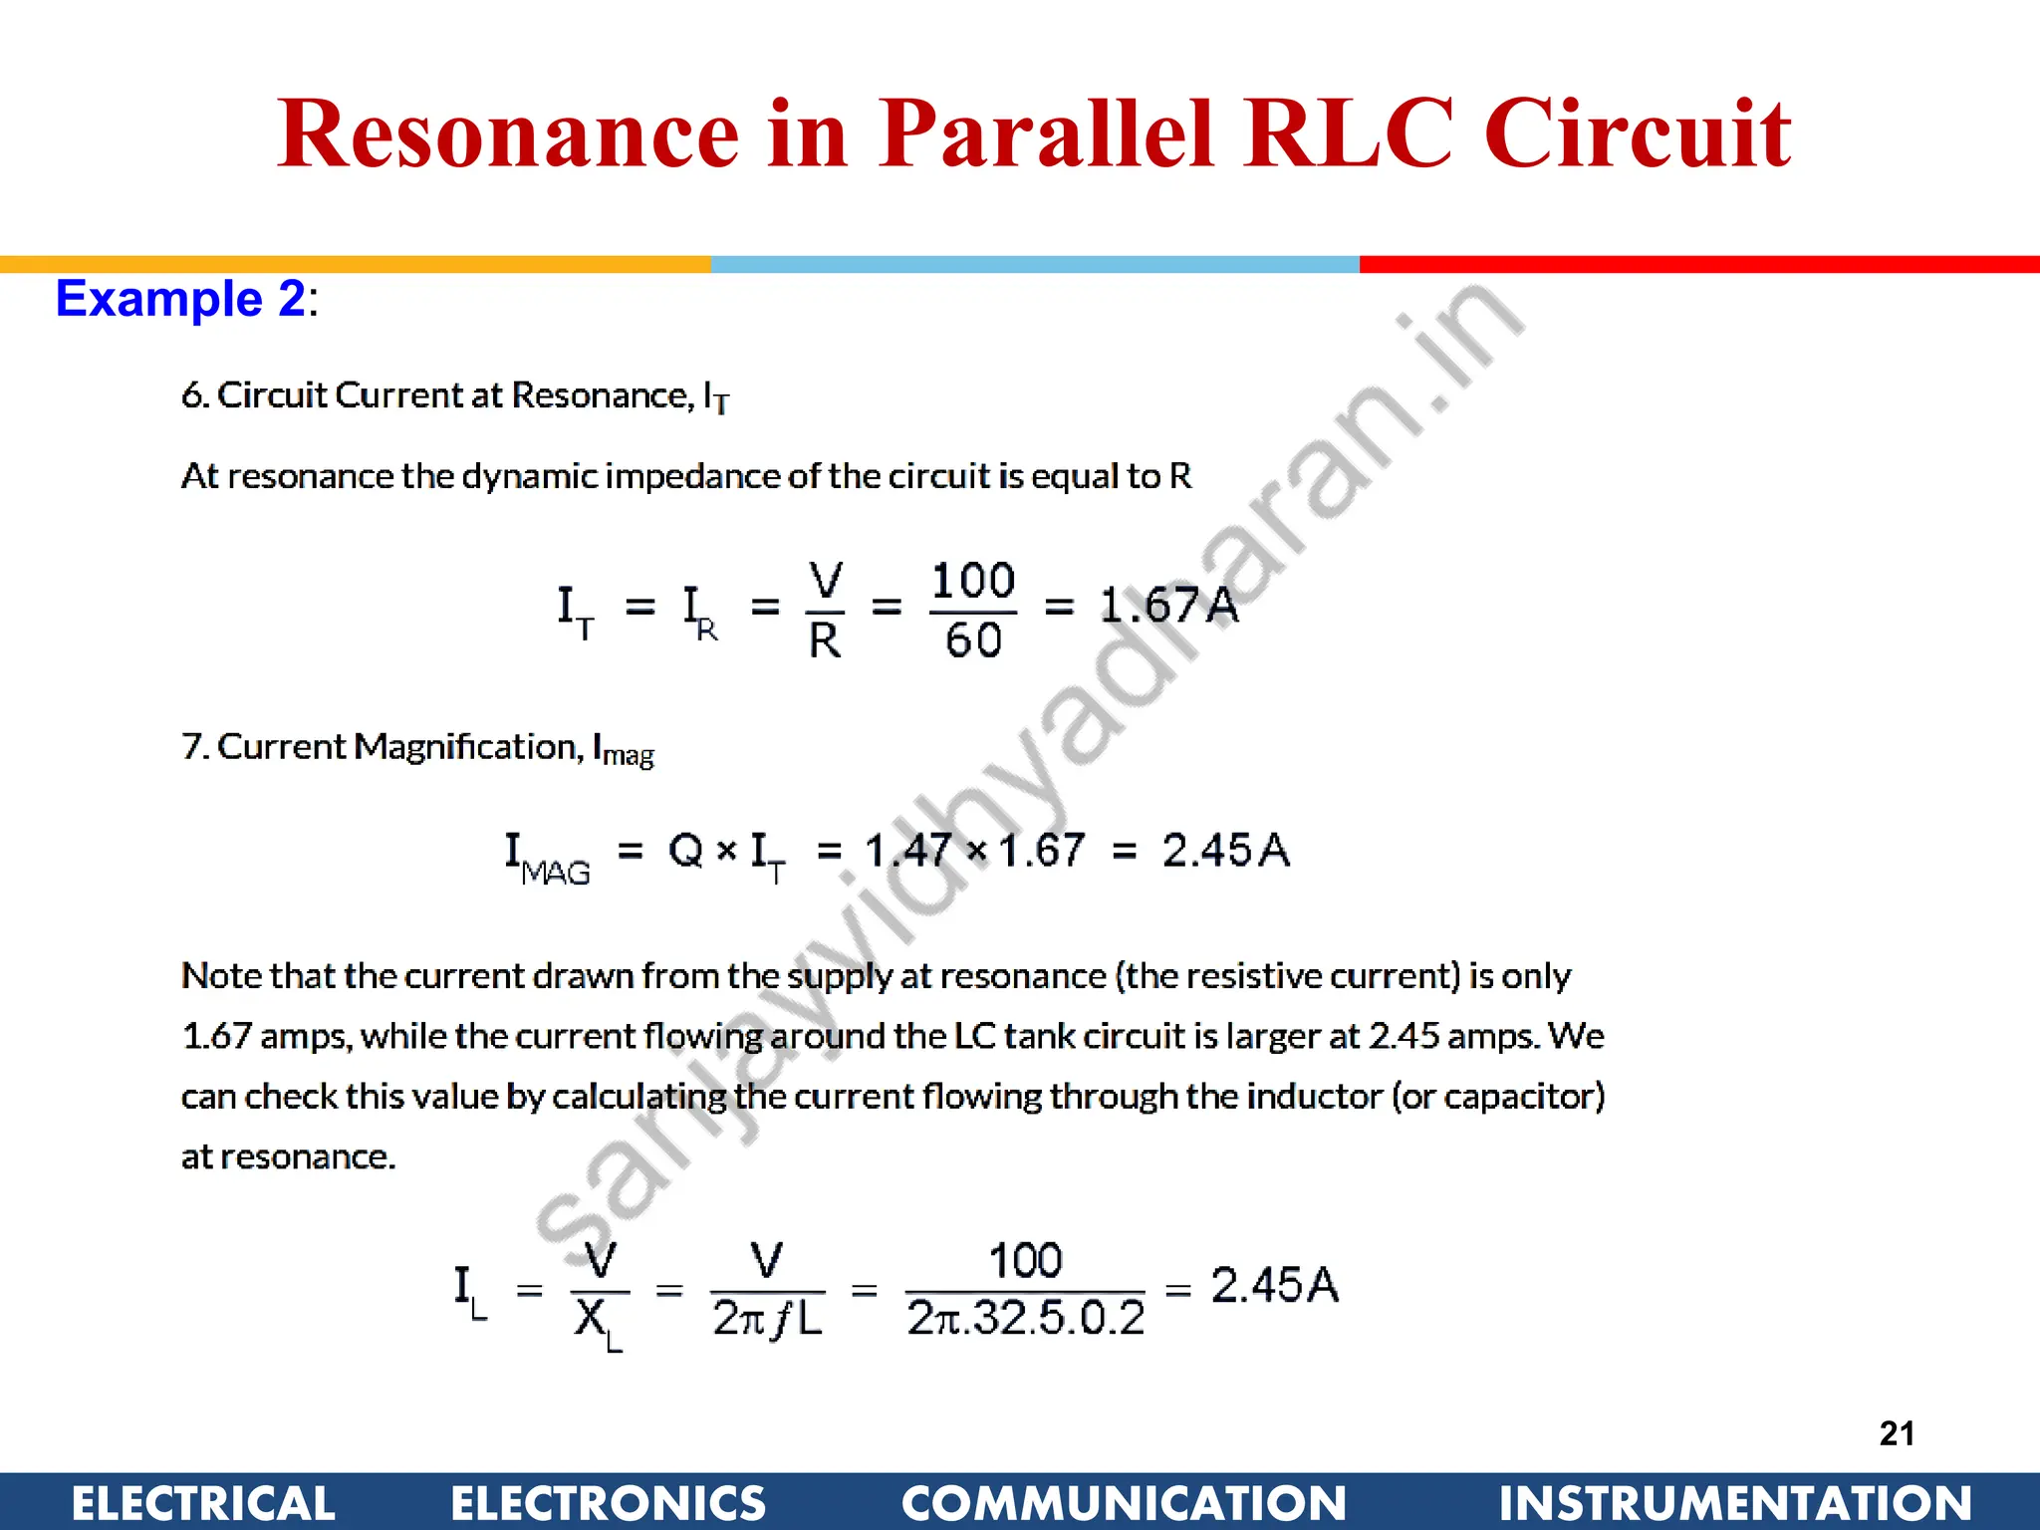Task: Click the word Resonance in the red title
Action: (x=508, y=134)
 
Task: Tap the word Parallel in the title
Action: (x=1046, y=134)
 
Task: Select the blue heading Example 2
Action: (x=181, y=299)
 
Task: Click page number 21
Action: (x=1897, y=1433)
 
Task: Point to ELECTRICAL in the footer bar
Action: (x=203, y=1502)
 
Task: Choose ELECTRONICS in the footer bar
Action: (x=608, y=1502)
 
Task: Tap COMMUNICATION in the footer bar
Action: (x=1124, y=1502)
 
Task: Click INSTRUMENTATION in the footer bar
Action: (x=1735, y=1502)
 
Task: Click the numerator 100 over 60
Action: (x=973, y=580)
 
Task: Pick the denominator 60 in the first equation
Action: (x=973, y=639)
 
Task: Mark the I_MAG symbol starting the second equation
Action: (x=546, y=857)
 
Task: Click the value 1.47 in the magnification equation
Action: (x=907, y=851)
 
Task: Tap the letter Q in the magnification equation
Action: (x=685, y=851)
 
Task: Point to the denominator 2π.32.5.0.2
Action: (x=1026, y=1319)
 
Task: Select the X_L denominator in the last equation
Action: (x=598, y=1323)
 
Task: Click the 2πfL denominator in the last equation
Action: (x=767, y=1319)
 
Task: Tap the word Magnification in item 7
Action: (x=465, y=746)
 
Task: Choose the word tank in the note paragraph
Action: (x=1039, y=1036)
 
